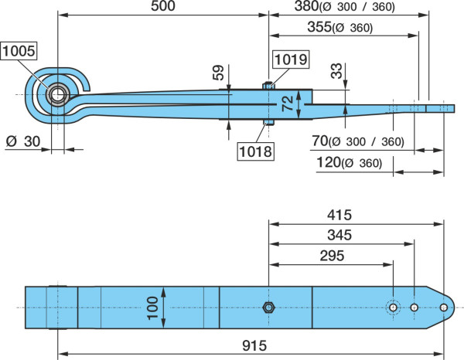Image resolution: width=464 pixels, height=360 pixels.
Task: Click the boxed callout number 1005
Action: [19, 51]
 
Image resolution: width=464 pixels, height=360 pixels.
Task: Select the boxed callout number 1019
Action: [291, 59]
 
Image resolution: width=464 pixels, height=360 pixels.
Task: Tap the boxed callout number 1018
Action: [256, 151]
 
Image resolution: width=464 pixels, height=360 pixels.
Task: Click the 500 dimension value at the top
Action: [163, 6]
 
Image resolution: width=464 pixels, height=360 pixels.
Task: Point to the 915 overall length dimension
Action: [254, 345]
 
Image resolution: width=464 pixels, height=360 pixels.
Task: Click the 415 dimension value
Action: [339, 215]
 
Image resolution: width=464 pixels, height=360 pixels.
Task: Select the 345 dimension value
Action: [339, 235]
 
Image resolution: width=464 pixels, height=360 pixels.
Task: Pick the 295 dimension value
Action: [332, 256]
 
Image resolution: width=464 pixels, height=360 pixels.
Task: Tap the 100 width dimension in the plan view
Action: [152, 308]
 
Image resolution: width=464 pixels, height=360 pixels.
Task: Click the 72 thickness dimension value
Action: [288, 104]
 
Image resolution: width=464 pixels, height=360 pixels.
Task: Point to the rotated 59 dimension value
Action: [218, 73]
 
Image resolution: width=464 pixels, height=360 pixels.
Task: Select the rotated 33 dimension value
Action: [336, 70]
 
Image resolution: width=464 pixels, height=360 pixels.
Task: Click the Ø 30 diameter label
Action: [23, 141]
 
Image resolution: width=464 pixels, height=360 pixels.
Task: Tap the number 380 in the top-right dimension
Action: [306, 6]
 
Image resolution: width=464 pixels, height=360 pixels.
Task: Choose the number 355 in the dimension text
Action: [319, 27]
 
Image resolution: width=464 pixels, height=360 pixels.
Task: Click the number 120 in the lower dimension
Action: [329, 162]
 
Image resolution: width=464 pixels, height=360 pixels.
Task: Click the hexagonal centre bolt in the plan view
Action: [268, 307]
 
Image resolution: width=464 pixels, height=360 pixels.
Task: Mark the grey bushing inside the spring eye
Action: [58, 94]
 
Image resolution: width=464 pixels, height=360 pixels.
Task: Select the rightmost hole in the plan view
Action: [444, 307]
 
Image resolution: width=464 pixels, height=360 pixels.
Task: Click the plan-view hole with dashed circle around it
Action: [394, 307]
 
